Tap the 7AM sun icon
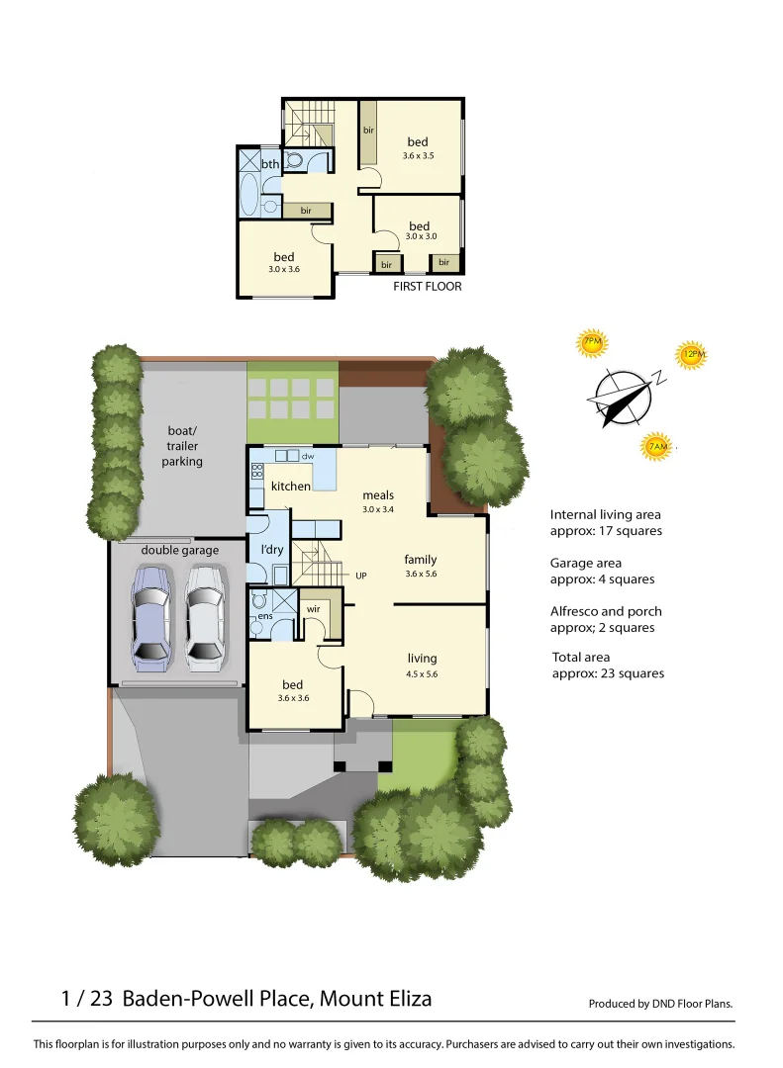[x=656, y=447]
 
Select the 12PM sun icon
[x=692, y=354]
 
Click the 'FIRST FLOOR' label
[x=428, y=287]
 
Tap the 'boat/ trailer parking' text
[x=182, y=446]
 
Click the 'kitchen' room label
[x=291, y=487]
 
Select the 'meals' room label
[x=378, y=495]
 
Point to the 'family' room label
[x=421, y=560]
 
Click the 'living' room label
[x=422, y=659]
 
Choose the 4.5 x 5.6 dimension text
[x=422, y=674]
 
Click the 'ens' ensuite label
[x=264, y=617]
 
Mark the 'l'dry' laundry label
[x=273, y=549]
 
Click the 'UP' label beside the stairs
[x=361, y=575]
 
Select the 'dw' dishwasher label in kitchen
[x=308, y=457]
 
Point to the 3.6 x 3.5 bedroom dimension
[x=418, y=156]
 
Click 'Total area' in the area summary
[x=580, y=657]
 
